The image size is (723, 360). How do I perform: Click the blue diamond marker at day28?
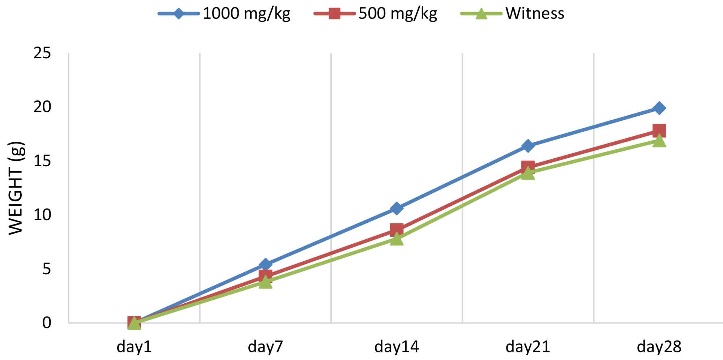click(659, 108)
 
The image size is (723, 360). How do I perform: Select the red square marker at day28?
click(659, 130)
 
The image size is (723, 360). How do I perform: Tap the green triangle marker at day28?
click(659, 141)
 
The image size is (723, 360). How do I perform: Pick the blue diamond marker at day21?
click(528, 146)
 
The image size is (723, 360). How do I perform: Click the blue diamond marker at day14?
click(397, 208)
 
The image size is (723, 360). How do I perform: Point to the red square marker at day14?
click(397, 230)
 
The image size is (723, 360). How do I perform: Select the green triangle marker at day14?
click(397, 239)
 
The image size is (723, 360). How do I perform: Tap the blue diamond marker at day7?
click(265, 265)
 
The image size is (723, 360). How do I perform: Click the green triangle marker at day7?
click(265, 282)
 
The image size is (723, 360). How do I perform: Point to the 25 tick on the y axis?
click(42, 53)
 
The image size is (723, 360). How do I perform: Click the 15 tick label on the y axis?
click(42, 161)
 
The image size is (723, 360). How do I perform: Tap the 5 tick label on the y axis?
click(47, 269)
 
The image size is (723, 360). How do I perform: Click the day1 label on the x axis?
click(134, 347)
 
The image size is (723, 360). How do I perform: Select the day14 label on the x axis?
click(397, 347)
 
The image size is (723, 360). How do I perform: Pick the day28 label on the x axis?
click(659, 347)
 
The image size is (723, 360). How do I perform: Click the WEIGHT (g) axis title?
click(16, 188)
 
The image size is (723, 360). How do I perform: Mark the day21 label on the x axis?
click(528, 347)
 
